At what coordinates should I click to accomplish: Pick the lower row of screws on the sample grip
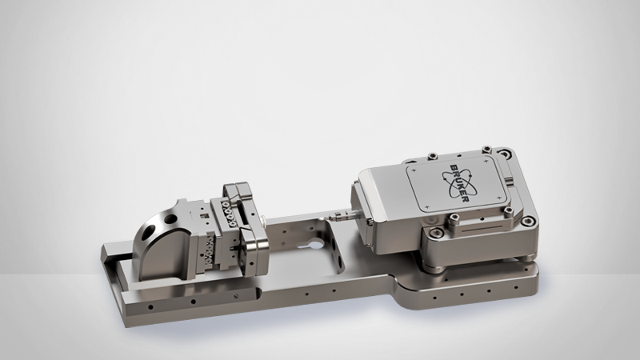point(216,253)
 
